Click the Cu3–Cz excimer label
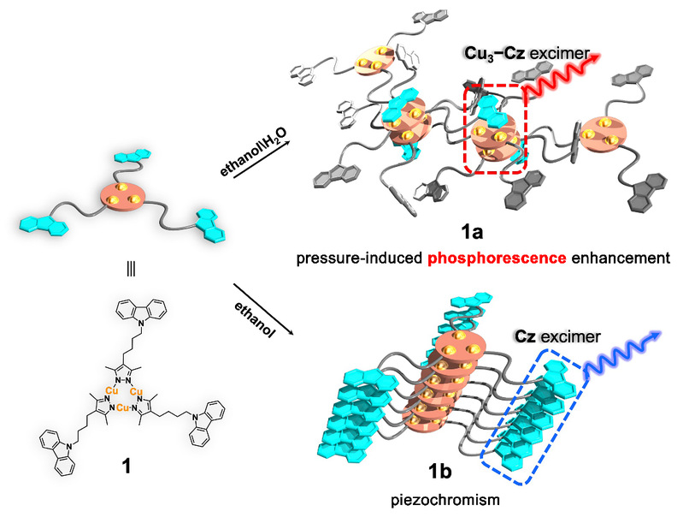pyautogui.click(x=538, y=54)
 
